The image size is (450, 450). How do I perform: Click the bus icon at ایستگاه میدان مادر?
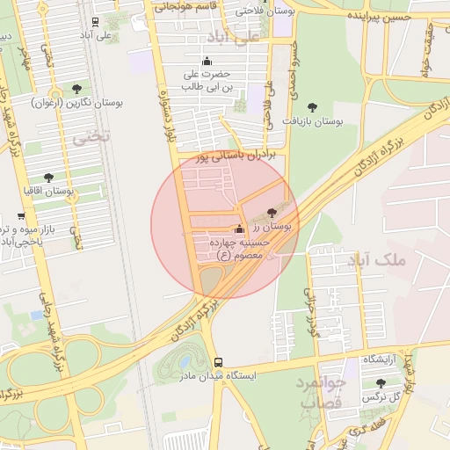(x=218, y=362)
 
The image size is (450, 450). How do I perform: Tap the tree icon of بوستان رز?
(x=271, y=213)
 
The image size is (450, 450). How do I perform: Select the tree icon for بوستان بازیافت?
(x=312, y=107)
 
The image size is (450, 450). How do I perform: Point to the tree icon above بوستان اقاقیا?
(x=48, y=178)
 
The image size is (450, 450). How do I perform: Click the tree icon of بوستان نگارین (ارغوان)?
(x=77, y=89)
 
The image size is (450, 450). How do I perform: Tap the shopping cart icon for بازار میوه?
(x=21, y=216)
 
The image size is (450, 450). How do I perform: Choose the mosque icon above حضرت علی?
(x=207, y=61)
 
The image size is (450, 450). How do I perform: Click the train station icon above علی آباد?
(x=95, y=21)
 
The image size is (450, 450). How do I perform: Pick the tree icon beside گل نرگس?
(x=380, y=383)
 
